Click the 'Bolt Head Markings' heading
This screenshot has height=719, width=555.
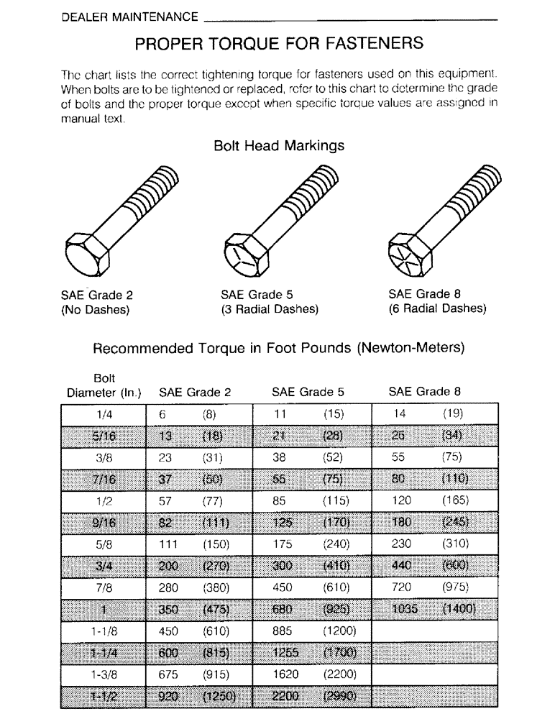click(x=279, y=146)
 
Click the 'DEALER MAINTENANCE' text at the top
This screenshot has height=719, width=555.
click(x=129, y=16)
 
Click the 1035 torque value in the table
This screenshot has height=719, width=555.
click(x=405, y=610)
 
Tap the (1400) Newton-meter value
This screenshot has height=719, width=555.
click(x=459, y=610)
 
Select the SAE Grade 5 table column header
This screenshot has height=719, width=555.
click(x=308, y=393)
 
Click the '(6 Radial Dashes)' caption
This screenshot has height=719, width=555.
click(x=437, y=309)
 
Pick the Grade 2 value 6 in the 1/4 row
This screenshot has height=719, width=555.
click(x=162, y=413)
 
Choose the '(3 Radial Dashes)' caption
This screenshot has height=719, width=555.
click(x=269, y=309)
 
